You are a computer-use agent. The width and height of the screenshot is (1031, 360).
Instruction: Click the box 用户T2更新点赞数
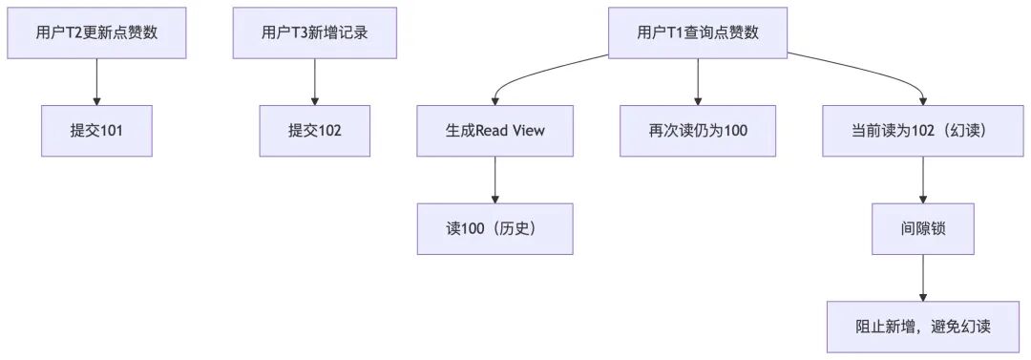(96, 32)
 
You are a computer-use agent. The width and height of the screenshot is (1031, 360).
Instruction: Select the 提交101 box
(96, 131)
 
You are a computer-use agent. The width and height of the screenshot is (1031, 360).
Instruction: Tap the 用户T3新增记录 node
(314, 32)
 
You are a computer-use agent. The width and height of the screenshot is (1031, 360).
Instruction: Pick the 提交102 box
(314, 131)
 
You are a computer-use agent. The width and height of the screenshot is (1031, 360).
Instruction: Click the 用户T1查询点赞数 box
(698, 32)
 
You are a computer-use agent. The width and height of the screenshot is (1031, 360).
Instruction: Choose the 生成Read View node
(494, 131)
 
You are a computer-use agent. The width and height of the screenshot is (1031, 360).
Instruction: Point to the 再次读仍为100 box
(698, 131)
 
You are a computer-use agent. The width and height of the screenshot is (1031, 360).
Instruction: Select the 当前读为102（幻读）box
(923, 131)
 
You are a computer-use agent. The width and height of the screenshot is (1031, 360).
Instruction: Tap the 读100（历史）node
(494, 229)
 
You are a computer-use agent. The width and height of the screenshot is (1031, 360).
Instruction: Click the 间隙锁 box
(923, 229)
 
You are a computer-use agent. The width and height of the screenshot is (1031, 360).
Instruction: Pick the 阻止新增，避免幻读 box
(923, 328)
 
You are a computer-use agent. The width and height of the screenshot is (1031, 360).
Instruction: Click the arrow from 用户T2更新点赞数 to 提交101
(96, 81)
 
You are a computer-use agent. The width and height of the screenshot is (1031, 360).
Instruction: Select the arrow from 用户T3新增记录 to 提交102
(314, 81)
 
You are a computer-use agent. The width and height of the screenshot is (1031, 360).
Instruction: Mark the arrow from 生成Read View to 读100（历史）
(494, 180)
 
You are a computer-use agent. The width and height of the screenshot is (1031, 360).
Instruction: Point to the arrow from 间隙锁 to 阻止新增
(923, 278)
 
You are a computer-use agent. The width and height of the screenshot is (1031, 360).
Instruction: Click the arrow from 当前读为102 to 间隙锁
(923, 180)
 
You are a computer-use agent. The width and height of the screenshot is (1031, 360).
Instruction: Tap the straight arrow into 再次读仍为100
(698, 81)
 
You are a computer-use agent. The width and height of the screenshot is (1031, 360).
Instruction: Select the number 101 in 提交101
(110, 131)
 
